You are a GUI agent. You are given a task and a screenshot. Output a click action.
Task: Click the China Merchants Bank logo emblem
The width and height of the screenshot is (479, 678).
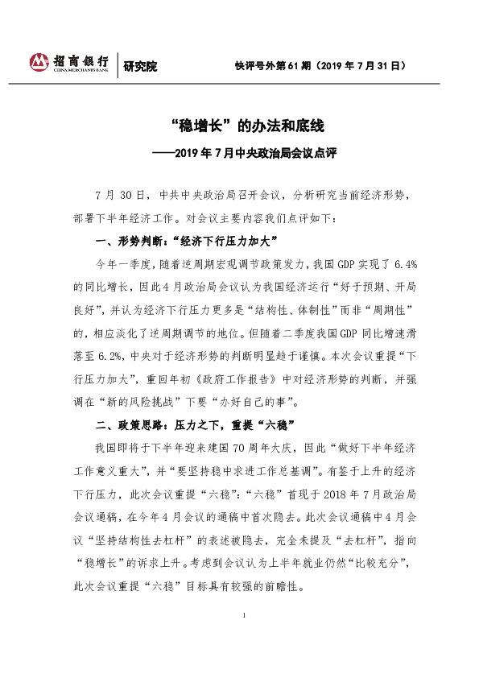(x=39, y=62)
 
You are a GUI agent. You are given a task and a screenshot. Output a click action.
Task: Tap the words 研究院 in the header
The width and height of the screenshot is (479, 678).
(x=140, y=66)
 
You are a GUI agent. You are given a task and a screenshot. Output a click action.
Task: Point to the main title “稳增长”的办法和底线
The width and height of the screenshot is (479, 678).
(x=239, y=126)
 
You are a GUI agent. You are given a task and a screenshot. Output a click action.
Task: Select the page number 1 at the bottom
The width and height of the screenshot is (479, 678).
(x=242, y=640)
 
